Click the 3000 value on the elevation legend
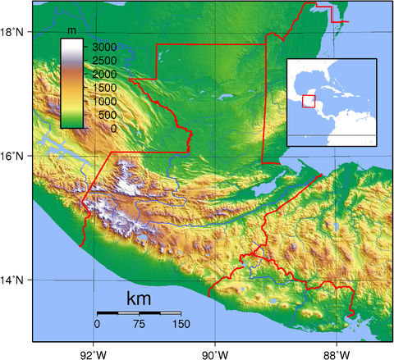click(103, 49)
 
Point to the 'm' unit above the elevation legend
click(72, 30)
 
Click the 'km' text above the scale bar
click(140, 298)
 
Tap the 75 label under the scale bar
click(139, 324)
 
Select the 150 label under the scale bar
click(180, 324)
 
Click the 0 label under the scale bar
click(97, 324)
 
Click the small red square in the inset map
click(309, 101)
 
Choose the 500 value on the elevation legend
click(106, 116)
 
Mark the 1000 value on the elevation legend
click(103, 102)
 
